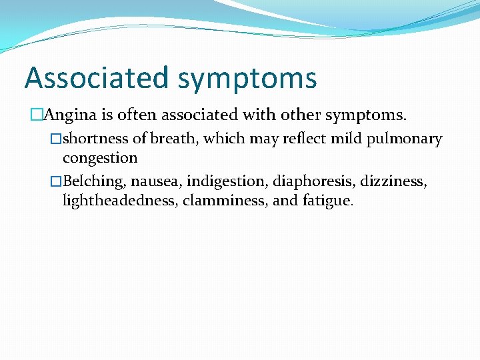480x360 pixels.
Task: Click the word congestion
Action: point(100,159)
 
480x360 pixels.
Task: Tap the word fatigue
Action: point(327,201)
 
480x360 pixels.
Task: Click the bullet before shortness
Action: point(57,139)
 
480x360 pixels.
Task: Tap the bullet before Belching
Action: point(57,181)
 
